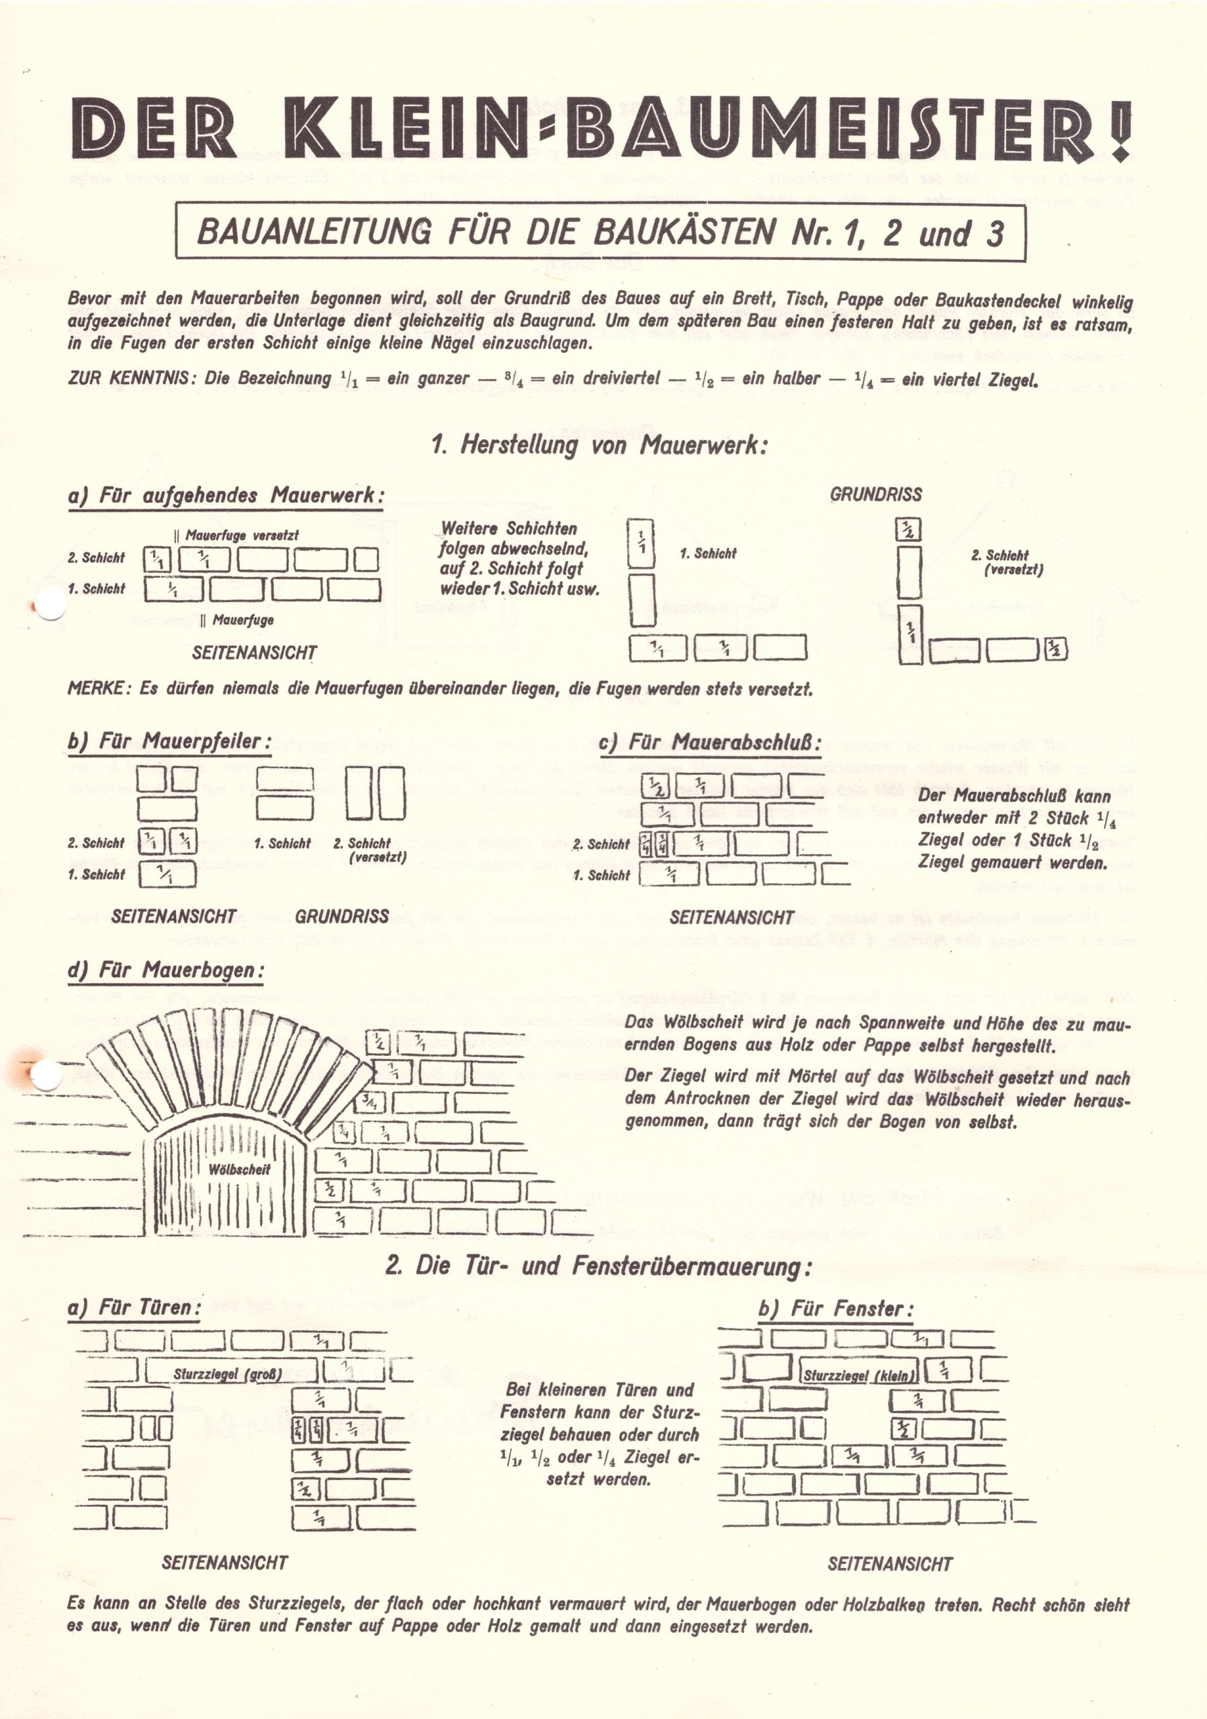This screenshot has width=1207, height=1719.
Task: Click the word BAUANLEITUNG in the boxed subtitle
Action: coord(314,233)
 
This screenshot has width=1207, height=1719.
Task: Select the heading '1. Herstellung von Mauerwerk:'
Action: coord(600,445)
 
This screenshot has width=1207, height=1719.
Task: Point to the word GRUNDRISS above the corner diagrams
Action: coord(875,494)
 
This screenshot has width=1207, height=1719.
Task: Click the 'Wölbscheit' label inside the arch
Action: coord(239,1170)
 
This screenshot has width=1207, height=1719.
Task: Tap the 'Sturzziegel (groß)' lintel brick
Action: coord(228,1374)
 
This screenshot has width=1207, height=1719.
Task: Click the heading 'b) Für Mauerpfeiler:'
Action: coord(169,741)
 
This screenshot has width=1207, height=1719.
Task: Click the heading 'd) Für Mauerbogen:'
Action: coord(166,970)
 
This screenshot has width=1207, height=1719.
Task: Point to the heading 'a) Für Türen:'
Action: coord(134,1307)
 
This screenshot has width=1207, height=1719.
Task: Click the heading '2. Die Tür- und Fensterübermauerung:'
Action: coord(598,1266)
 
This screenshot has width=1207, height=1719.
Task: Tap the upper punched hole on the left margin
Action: coord(50,604)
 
